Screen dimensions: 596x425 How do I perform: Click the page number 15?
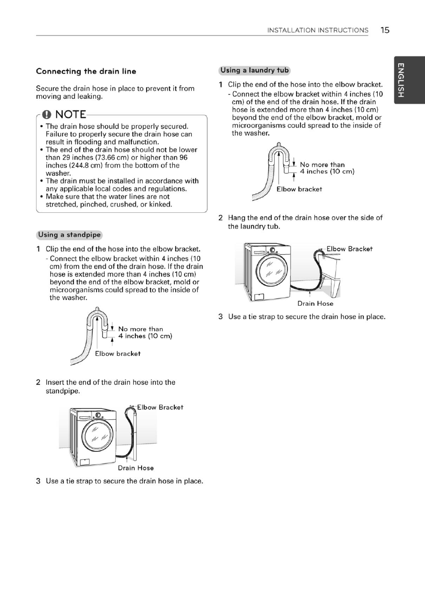385,30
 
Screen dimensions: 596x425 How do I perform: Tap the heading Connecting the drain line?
86,71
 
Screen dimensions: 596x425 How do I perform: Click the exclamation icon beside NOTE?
46,115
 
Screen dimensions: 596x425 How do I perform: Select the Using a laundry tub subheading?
255,71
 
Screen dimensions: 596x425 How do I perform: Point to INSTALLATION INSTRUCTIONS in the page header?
317,30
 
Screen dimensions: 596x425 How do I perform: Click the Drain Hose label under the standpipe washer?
136,468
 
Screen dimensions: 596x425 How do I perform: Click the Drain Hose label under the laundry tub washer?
315,303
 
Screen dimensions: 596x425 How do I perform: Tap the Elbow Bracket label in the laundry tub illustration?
349,249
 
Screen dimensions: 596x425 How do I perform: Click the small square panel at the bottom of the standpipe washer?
84,462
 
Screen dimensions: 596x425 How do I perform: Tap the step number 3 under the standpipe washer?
38,481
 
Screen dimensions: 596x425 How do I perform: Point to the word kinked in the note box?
161,205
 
